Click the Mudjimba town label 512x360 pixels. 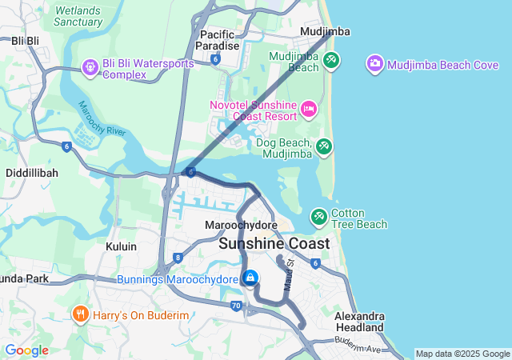(x=324, y=31)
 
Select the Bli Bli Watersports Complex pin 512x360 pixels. (x=90, y=66)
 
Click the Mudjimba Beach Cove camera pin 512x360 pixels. (x=374, y=63)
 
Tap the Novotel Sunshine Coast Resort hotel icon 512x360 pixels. (x=309, y=107)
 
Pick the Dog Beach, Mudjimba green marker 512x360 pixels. (x=322, y=147)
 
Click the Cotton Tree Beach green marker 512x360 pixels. (x=318, y=217)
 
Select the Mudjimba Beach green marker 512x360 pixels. (x=331, y=59)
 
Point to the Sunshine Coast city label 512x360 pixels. (x=274, y=243)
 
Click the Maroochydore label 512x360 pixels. (x=241, y=226)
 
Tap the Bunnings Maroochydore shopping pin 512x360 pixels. (x=250, y=278)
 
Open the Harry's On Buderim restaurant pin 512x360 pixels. (x=80, y=314)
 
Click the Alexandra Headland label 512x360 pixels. (x=359, y=322)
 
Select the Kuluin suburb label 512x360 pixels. (x=121, y=246)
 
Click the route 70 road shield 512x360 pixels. (x=235, y=305)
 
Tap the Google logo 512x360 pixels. (x=27, y=350)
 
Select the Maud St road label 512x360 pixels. (x=290, y=274)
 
